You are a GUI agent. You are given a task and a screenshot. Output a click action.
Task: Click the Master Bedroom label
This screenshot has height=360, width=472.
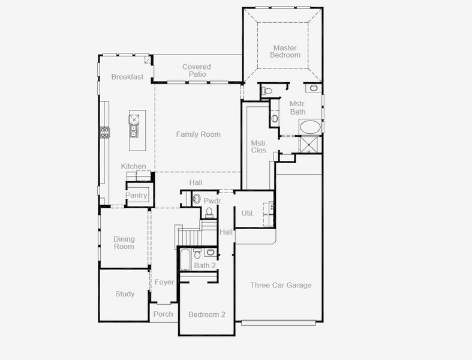point(285,52)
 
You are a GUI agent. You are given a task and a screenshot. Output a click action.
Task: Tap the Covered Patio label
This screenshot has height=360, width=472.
point(196,71)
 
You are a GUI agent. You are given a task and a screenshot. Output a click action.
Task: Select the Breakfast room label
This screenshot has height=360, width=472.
point(127,77)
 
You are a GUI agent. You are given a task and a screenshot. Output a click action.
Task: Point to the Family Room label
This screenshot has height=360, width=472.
point(198,134)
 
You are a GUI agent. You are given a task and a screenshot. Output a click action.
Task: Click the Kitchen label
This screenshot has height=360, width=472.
point(133,166)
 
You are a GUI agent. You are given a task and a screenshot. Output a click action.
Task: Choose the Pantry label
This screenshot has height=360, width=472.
point(136,196)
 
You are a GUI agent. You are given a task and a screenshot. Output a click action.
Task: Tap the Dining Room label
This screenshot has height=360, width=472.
point(124,243)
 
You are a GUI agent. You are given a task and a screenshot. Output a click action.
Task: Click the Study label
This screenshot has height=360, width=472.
point(125,294)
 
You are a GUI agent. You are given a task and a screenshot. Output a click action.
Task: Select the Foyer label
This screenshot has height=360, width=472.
point(164,282)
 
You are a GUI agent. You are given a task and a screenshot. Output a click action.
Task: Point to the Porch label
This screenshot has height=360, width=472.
point(163,314)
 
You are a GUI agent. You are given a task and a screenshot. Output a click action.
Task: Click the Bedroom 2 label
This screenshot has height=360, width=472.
point(207,314)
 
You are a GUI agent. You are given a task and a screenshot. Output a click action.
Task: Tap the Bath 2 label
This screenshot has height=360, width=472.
point(205,265)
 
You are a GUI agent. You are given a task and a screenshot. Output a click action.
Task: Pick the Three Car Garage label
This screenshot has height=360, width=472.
point(281,285)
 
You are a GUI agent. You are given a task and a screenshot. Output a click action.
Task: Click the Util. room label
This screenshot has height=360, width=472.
point(248,213)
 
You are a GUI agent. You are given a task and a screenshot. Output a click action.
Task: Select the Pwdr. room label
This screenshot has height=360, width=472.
point(213,201)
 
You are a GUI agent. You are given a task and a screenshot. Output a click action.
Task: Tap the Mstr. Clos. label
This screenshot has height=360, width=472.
point(259,146)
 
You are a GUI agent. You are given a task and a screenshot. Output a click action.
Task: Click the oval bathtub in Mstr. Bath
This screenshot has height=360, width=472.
point(310,127)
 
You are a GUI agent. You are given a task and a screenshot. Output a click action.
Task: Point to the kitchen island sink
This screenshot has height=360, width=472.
point(133,128)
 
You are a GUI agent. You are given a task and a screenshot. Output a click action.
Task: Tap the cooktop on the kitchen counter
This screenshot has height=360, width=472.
point(104,132)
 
